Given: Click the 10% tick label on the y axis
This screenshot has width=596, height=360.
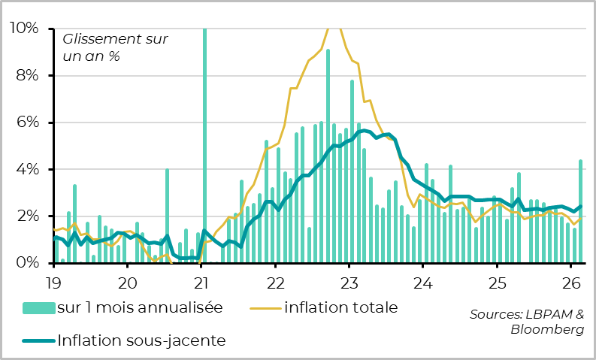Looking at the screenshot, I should tap(23, 29).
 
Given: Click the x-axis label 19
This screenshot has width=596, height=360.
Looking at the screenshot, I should tap(53, 283).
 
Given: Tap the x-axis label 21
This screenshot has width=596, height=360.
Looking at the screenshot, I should tap(201, 283).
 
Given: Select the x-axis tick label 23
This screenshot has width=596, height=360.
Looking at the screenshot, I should tap(349, 283).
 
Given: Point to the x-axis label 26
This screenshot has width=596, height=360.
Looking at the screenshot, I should tap(571, 283).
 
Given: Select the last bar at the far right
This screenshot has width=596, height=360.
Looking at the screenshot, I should tap(580, 211).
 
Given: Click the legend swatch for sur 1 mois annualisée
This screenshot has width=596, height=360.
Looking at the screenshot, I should tap(38, 307).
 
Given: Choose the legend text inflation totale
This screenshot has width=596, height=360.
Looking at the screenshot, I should tap(340, 307).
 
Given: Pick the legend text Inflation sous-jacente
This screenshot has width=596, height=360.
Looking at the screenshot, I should tap(141, 340).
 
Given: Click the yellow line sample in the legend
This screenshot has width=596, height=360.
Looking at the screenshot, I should tap(264, 307).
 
